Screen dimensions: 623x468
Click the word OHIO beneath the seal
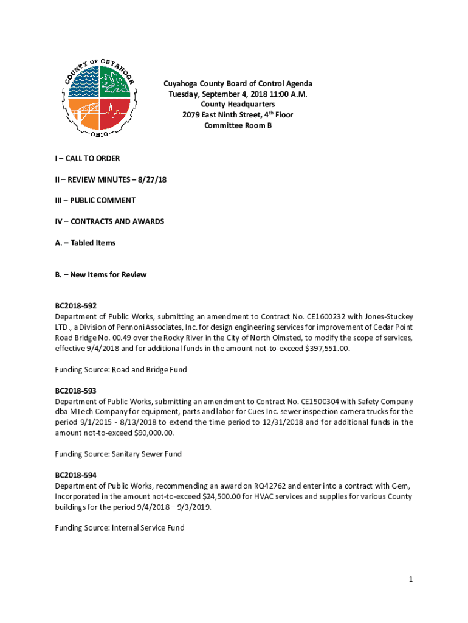[100, 134]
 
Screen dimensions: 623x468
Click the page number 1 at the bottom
[411, 579]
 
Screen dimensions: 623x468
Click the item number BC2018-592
[75, 305]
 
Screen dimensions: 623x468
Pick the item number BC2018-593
[75, 391]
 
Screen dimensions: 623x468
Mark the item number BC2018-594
[75, 475]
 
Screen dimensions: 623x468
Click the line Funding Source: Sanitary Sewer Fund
[118, 454]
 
